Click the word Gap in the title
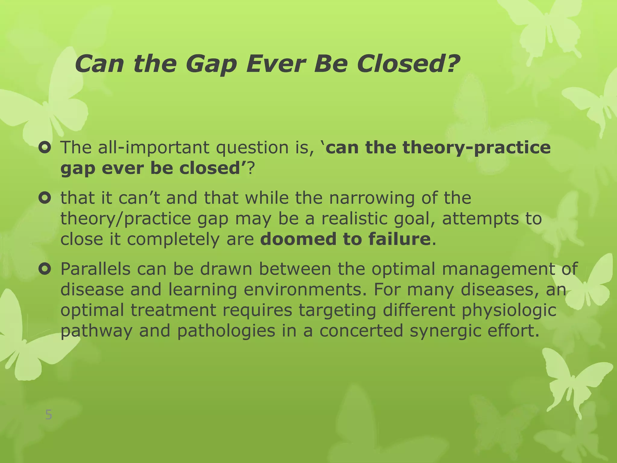pyautogui.click(x=211, y=64)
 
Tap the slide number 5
pyautogui.click(x=49, y=415)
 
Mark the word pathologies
pyautogui.click(x=226, y=331)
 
